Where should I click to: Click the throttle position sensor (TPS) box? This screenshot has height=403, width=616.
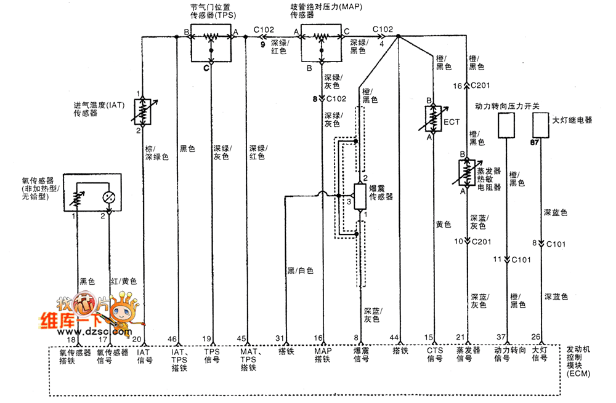point(211,43)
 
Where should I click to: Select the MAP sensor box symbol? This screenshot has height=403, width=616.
point(321,43)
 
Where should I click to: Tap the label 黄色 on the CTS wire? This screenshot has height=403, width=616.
point(443,225)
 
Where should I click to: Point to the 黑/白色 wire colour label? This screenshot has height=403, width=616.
point(300,271)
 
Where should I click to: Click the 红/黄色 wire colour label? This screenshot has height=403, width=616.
point(123,281)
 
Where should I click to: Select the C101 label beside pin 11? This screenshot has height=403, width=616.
point(521,260)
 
